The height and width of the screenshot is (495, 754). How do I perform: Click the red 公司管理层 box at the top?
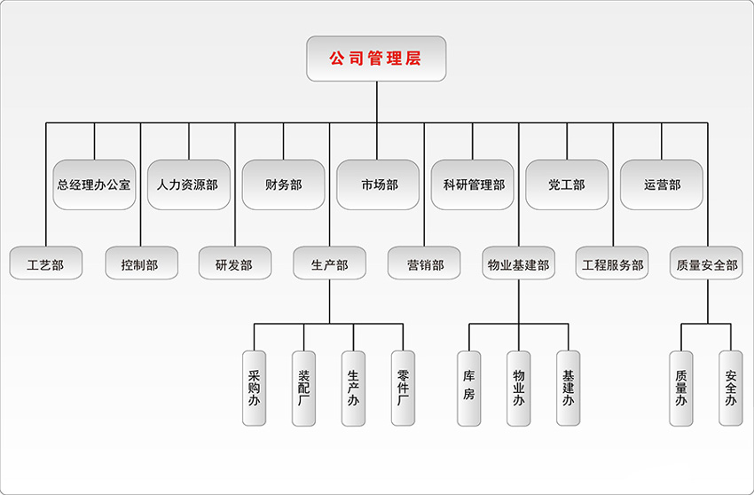pyautogui.click(x=376, y=59)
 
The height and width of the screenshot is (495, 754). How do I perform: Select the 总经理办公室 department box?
pyautogui.click(x=94, y=185)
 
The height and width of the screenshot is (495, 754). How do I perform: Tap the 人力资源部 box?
pyautogui.click(x=188, y=185)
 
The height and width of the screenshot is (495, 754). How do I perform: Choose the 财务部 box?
pyautogui.click(x=283, y=185)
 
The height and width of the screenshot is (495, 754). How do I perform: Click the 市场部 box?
pyautogui.click(x=378, y=185)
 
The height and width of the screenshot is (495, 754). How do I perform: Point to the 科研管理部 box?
pyautogui.click(x=473, y=185)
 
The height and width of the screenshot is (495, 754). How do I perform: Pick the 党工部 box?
pyautogui.click(x=567, y=185)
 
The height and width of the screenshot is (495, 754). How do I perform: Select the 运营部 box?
pyautogui.click(x=662, y=185)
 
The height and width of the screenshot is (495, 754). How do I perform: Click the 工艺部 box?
pyautogui.click(x=46, y=263)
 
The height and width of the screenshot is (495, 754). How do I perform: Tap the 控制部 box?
pyautogui.click(x=141, y=263)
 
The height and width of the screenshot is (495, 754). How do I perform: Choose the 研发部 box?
pyautogui.click(x=234, y=263)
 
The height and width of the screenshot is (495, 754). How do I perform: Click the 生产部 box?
pyautogui.click(x=329, y=263)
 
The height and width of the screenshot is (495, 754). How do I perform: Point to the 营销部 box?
pyautogui.click(x=424, y=263)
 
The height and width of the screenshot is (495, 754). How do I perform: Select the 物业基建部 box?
pyautogui.click(x=519, y=263)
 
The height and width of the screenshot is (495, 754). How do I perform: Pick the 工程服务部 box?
pyautogui.click(x=613, y=263)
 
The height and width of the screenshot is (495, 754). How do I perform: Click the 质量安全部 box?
pyautogui.click(x=707, y=263)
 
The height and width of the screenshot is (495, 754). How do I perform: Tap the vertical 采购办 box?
pyautogui.click(x=254, y=388)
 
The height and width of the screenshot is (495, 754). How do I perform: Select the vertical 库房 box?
pyautogui.click(x=469, y=388)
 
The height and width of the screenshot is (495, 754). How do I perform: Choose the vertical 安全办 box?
pyautogui.click(x=731, y=388)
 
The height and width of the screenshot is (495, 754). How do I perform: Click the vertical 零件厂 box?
pyautogui.click(x=403, y=388)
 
